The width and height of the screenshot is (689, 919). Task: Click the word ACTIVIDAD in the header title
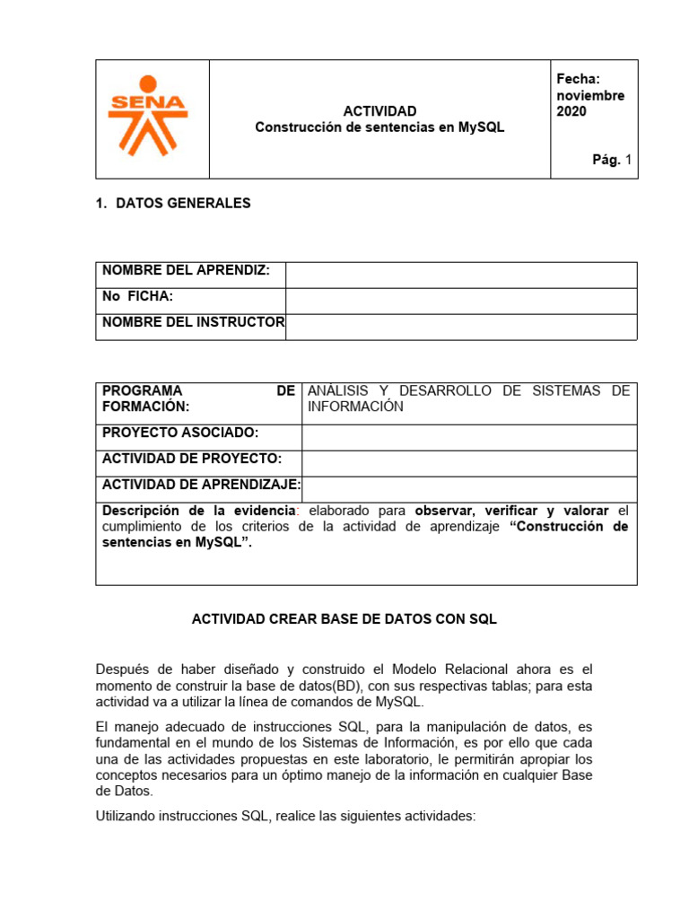(x=379, y=111)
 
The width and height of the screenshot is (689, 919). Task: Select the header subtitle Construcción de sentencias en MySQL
(x=379, y=127)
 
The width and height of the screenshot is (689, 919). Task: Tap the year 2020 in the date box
(x=571, y=111)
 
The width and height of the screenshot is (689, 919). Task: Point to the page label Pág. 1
(x=612, y=160)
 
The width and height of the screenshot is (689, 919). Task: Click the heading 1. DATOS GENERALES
(x=173, y=203)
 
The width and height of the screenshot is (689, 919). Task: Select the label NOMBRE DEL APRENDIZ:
(x=186, y=270)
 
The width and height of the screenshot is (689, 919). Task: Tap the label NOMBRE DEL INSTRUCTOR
(x=194, y=322)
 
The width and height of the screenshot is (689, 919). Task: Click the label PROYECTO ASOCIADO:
(x=180, y=433)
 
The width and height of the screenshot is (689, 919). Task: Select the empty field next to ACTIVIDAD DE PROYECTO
(x=469, y=459)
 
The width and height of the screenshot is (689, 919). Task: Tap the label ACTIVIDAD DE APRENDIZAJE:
(x=201, y=485)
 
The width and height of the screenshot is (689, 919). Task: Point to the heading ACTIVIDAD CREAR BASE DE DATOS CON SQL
(x=344, y=619)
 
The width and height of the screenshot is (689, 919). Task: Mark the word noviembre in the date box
(x=590, y=95)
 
